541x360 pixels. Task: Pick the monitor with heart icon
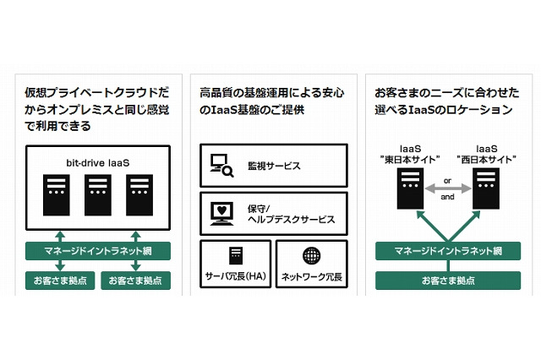[x=221, y=213]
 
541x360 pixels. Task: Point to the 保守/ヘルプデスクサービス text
[x=287, y=213]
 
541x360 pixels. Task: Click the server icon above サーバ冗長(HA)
[x=236, y=255]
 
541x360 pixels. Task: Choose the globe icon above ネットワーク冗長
[x=310, y=255]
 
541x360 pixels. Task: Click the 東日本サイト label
[x=410, y=159]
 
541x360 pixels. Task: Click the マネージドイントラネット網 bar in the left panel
[x=98, y=251]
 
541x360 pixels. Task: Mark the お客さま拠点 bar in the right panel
[x=448, y=280]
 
